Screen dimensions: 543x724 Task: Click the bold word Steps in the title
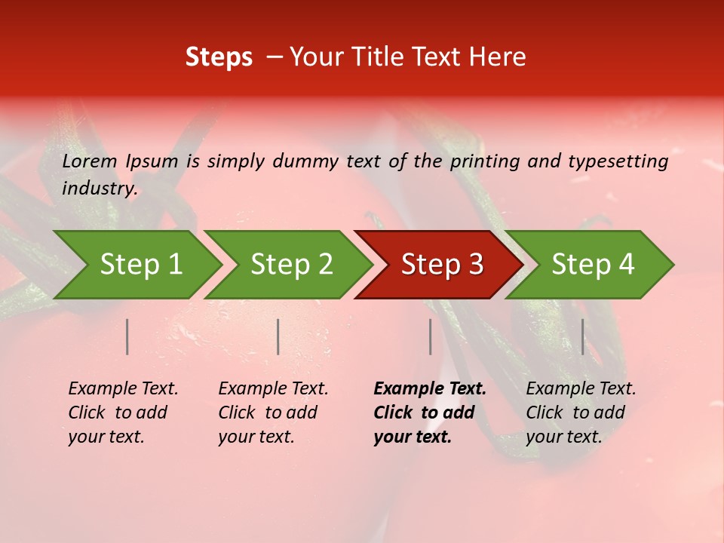(x=219, y=57)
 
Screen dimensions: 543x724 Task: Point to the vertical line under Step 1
(x=127, y=336)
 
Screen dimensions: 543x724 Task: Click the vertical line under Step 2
(x=278, y=336)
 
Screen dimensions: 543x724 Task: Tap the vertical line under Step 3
(x=430, y=336)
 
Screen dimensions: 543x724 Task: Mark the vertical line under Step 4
(x=582, y=336)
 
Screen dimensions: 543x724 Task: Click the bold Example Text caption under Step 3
(x=430, y=389)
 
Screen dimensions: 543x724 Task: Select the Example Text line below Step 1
(x=123, y=389)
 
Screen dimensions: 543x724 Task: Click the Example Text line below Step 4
(x=581, y=389)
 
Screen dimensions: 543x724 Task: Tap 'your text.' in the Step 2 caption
(x=256, y=437)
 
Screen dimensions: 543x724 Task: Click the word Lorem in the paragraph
(x=90, y=161)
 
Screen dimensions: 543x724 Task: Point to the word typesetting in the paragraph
(x=618, y=161)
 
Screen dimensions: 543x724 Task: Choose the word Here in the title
(x=499, y=57)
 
